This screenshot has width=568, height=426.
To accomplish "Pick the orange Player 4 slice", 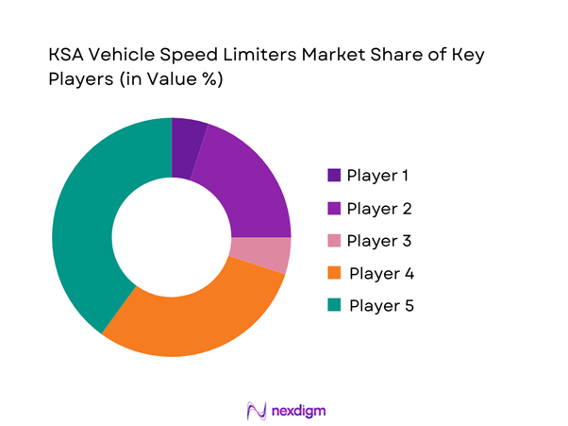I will click(202, 311).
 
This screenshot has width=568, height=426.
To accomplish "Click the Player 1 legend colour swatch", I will click(335, 176).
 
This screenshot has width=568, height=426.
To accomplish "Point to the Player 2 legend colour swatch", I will click(335, 208).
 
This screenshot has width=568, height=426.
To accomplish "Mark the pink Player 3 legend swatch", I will click(335, 241).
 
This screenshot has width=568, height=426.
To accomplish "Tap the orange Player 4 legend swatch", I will click(335, 273).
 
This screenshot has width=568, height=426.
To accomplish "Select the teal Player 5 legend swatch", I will click(335, 306).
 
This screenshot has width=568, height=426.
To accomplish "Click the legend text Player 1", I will click(378, 176).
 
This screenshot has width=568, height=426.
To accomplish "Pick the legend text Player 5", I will click(381, 306).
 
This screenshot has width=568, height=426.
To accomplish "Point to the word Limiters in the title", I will click(269, 56).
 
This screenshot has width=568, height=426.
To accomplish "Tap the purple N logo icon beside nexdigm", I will click(255, 411).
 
